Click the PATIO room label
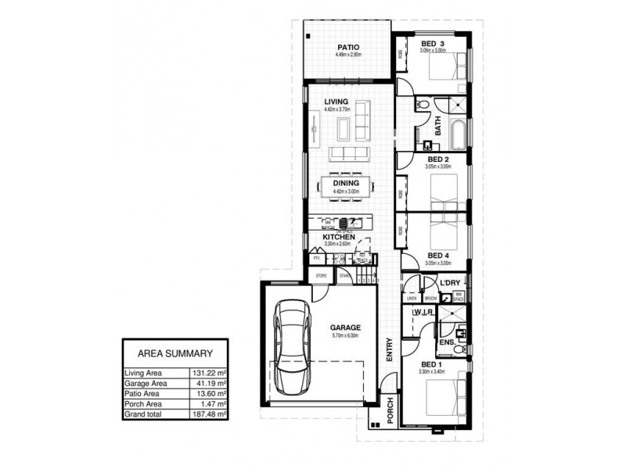[347, 47]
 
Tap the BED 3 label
[433, 43]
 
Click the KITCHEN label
[340, 236]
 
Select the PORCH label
[389, 411]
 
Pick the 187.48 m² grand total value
[210, 414]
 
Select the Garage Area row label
[146, 384]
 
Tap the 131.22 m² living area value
[210, 374]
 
